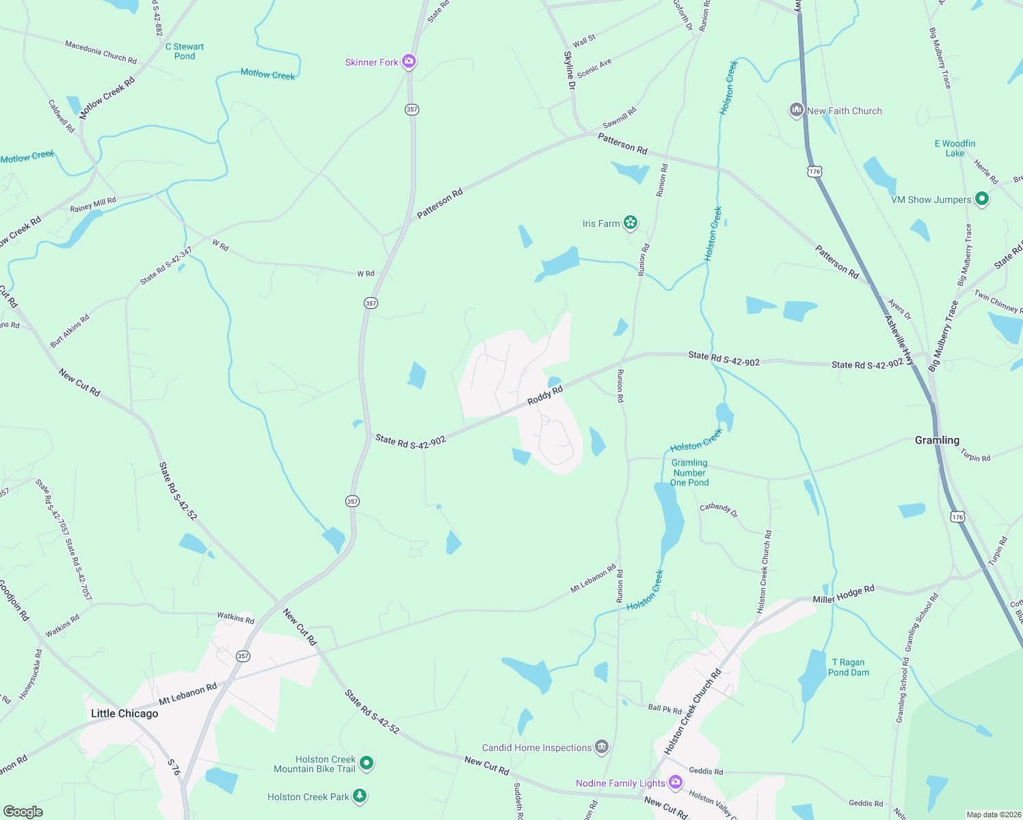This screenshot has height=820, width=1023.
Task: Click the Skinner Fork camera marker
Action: point(409,62)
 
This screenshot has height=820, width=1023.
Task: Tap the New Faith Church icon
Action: point(796,110)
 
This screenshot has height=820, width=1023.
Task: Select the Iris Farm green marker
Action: point(630,223)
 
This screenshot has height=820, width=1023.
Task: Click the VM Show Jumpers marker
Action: point(982,199)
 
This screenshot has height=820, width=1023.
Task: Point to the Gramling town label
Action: point(937,440)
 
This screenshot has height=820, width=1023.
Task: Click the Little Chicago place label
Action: point(124,713)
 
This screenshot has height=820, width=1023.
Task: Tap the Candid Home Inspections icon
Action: point(602,747)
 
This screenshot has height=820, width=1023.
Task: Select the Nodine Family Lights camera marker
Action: point(676,782)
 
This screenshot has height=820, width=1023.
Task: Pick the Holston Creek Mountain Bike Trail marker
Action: point(367,763)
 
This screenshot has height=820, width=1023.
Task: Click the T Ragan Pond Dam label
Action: point(848,668)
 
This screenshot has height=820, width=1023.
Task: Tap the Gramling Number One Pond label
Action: point(689,473)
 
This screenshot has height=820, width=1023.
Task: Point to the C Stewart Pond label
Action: point(185,51)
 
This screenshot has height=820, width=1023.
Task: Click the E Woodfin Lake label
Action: point(955,148)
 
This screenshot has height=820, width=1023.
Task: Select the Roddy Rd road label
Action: point(545,395)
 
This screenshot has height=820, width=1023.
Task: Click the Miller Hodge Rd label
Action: point(843,594)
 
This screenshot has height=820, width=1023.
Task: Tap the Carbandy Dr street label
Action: point(719,509)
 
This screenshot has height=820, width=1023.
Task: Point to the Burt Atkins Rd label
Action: point(70,330)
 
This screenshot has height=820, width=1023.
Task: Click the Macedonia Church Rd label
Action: point(101,52)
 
